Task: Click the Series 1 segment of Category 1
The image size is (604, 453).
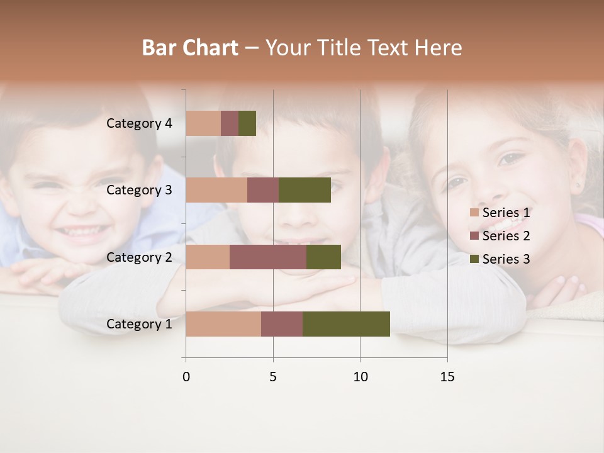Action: (223, 324)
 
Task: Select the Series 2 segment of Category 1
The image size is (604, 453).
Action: (282, 324)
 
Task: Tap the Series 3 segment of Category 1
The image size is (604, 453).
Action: (346, 324)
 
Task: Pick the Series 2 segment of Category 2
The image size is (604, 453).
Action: (268, 257)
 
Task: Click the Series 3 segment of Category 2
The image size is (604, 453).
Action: (323, 257)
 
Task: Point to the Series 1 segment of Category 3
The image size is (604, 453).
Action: (216, 190)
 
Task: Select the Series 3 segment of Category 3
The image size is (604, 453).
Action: (305, 190)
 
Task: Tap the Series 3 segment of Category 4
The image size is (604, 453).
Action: (247, 123)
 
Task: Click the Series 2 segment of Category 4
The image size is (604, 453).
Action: (230, 123)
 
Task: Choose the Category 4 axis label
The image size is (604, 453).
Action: (139, 123)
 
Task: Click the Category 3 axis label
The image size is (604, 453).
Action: (139, 190)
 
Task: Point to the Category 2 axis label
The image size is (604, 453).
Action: (139, 257)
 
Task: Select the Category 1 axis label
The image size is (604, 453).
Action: (139, 324)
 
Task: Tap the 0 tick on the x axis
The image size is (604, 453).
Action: (186, 377)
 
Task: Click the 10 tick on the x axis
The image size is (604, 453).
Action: (360, 377)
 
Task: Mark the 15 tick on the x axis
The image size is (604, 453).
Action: (447, 377)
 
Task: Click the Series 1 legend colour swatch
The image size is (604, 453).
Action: (474, 213)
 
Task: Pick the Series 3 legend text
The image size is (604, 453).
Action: (506, 259)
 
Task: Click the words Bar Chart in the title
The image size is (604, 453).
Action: (190, 48)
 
